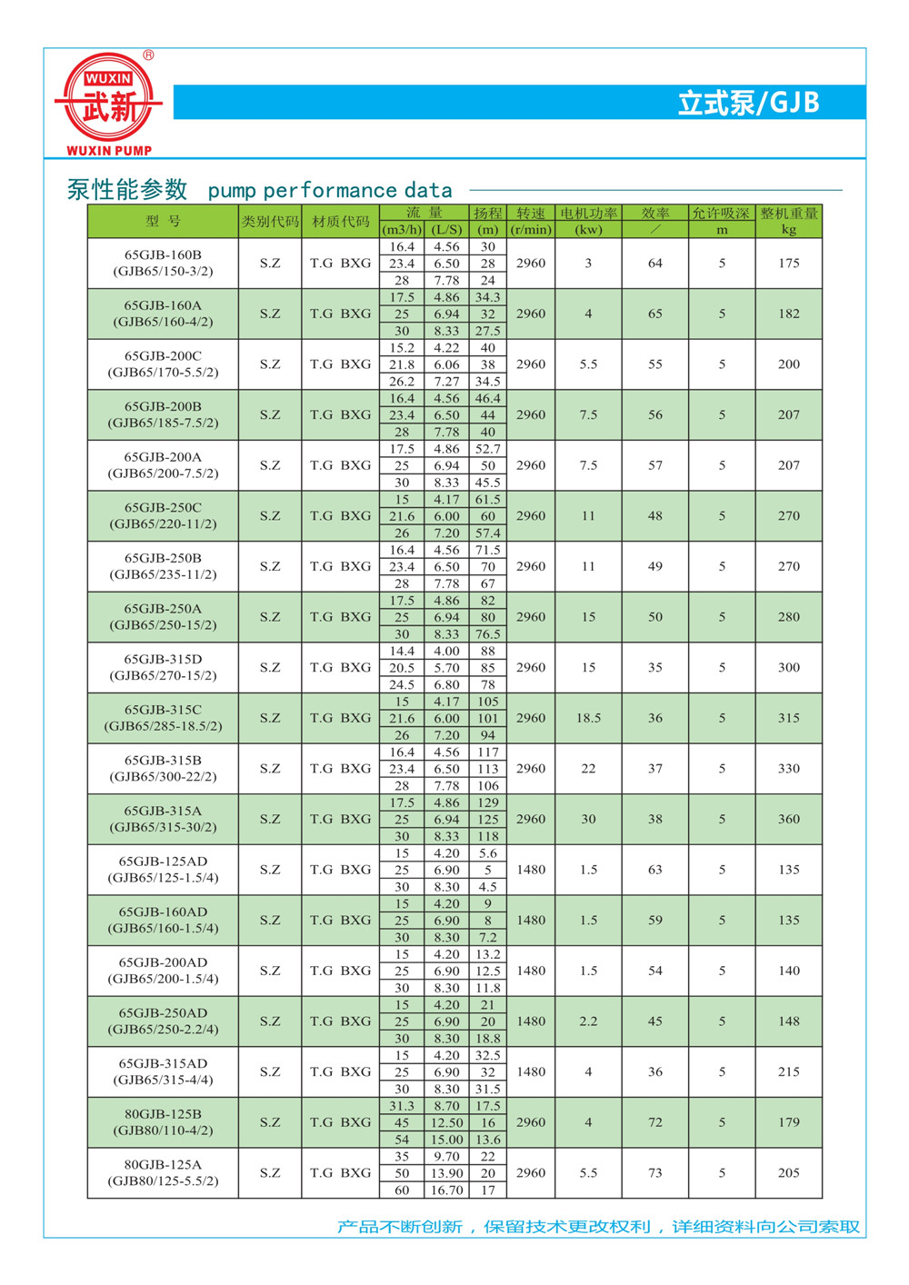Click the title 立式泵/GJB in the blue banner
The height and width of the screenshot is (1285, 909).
click(x=748, y=103)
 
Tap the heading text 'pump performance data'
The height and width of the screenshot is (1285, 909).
click(x=330, y=191)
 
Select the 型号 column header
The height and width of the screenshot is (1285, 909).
click(x=164, y=222)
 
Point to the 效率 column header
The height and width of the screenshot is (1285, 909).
click(x=655, y=214)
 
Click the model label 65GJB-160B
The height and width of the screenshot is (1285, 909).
click(x=164, y=255)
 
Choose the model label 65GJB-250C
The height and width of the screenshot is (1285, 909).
click(x=164, y=508)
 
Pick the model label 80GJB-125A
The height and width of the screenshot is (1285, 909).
click(x=164, y=1165)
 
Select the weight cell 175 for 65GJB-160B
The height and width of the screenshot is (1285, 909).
click(x=789, y=264)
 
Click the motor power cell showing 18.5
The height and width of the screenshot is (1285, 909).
click(x=589, y=718)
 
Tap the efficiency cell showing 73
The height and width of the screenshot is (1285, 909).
click(x=655, y=1173)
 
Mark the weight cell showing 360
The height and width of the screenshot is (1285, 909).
click(x=789, y=819)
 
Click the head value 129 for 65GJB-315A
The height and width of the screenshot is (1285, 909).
click(x=488, y=803)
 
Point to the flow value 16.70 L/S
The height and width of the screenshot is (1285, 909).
click(x=447, y=1190)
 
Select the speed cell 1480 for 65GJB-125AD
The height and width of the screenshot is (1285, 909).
click(x=531, y=870)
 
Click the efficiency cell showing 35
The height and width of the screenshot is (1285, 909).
click(x=655, y=668)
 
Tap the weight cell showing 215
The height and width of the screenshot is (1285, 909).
click(x=789, y=1072)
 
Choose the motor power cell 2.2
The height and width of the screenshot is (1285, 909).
click(x=589, y=1021)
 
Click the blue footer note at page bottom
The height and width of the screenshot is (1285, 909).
click(x=598, y=1227)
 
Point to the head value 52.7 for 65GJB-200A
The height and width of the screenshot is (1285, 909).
click(x=488, y=449)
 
